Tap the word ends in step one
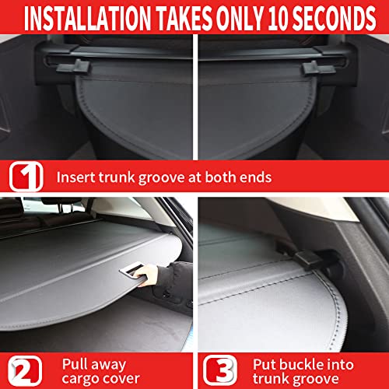(254, 177)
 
